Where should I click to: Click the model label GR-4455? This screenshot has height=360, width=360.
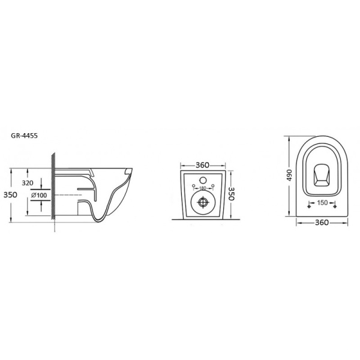coord(25,136)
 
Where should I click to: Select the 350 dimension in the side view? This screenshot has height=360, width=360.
coord(10,194)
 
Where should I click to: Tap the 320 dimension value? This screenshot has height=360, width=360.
coord(28,183)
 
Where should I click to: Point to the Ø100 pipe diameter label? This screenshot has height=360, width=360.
coord(39,196)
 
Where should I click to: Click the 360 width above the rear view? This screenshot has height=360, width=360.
coord(202,165)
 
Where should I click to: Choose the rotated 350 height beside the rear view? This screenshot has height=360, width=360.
coord(231,194)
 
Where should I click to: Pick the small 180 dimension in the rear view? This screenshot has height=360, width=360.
coord(203,188)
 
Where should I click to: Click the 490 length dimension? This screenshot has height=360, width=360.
coord(289,175)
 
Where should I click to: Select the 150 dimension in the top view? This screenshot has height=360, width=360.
coord(322,203)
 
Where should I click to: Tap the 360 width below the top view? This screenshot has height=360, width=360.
coord(322,223)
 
